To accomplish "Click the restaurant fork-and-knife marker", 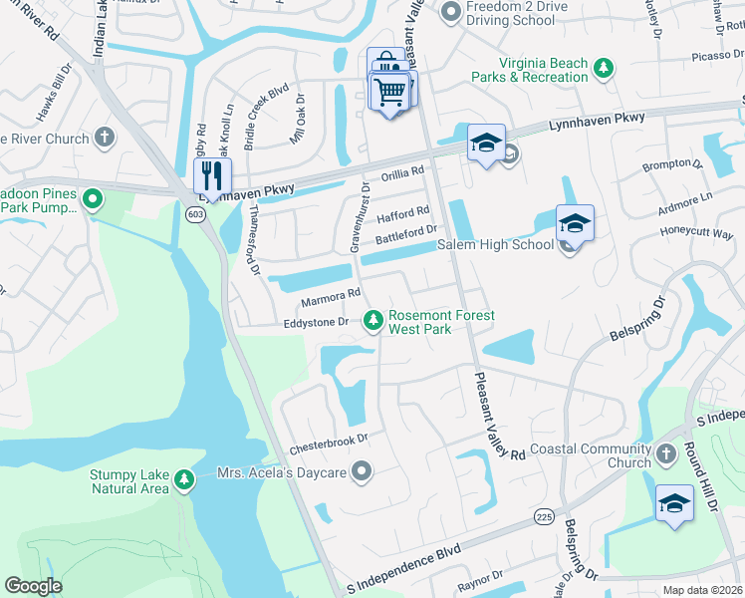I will pyautogui.click(x=212, y=177).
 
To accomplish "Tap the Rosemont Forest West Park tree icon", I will pyautogui.click(x=373, y=320).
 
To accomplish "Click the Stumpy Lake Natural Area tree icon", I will pyautogui.click(x=183, y=480).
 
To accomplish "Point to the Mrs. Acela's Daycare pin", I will pyautogui.click(x=362, y=470).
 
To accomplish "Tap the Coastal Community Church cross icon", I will pyautogui.click(x=666, y=455).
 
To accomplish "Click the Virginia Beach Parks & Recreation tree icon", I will pyautogui.click(x=603, y=69).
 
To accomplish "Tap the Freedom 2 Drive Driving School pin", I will pyautogui.click(x=451, y=12).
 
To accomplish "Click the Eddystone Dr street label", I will pyautogui.click(x=314, y=322).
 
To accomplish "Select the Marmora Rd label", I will pyautogui.click(x=331, y=296).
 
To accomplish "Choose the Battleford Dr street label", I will pyautogui.click(x=406, y=236).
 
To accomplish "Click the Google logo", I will pyautogui.click(x=34, y=586).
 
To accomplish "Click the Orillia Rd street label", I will pyautogui.click(x=402, y=172).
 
